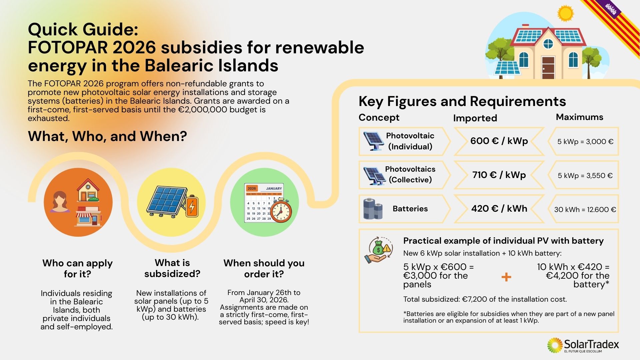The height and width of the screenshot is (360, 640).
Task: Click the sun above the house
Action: click(x=565, y=14)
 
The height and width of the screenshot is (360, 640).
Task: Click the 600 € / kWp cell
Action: click(x=499, y=141)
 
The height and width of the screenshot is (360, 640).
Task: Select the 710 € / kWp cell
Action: click(x=499, y=175)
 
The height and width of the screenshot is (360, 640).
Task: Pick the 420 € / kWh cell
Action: click(x=499, y=209)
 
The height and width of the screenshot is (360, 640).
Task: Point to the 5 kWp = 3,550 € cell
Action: click(x=583, y=175)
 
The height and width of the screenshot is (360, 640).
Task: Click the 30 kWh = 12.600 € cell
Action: click(x=583, y=209)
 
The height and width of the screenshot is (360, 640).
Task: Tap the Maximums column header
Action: click(x=579, y=117)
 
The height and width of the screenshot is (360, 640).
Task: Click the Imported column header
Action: click(x=475, y=118)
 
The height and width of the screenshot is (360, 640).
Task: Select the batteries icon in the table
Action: click(x=373, y=209)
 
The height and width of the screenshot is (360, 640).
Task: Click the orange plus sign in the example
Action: click(x=506, y=277)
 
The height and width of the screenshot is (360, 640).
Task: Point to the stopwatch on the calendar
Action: click(x=281, y=211)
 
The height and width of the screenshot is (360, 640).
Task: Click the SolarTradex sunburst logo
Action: click(x=555, y=345)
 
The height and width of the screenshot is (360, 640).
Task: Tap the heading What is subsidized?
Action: click(x=172, y=268)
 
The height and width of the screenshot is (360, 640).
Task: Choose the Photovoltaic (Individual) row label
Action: click(x=410, y=141)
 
